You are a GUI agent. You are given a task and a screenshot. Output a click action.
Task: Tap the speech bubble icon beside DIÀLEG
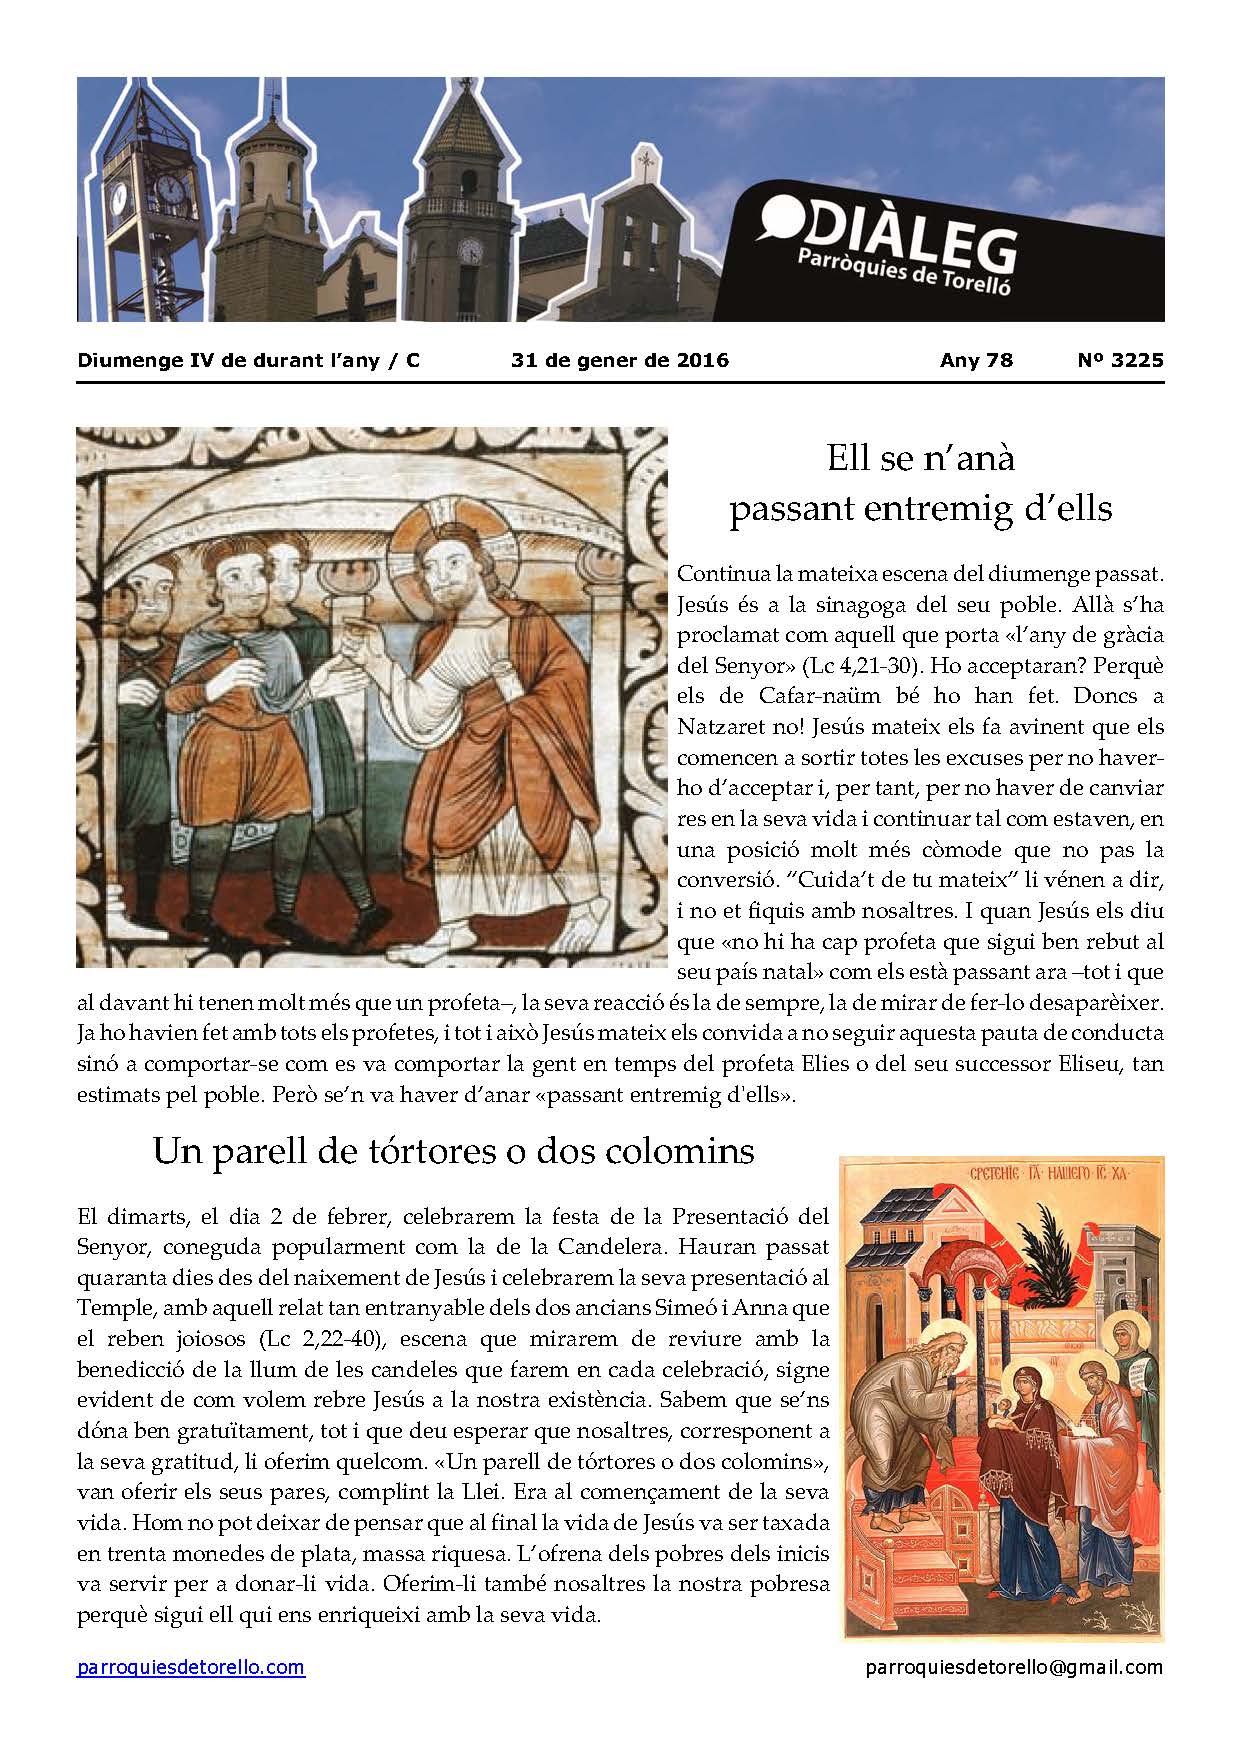tap(781, 218)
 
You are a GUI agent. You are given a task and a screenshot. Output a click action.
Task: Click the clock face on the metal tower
tap(171, 187)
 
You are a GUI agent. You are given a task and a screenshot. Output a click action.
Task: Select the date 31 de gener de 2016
tap(620, 360)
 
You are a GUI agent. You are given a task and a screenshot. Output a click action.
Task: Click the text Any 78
tap(976, 360)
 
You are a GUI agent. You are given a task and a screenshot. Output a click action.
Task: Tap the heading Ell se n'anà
tap(920, 458)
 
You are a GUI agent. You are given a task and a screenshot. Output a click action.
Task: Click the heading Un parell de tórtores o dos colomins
tap(453, 1151)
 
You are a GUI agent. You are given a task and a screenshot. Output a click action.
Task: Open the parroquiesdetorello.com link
tap(191, 1667)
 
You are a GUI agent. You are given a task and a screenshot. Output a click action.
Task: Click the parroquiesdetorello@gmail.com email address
tap(1013, 1667)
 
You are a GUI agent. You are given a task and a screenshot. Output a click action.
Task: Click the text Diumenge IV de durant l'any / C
tap(248, 360)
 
